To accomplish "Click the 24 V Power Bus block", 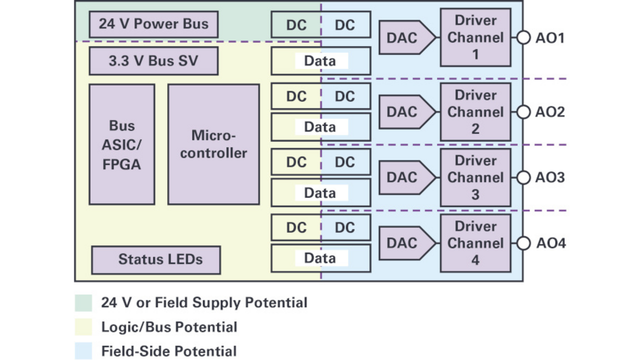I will coord(153,24).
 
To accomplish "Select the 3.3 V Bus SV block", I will coord(153,61).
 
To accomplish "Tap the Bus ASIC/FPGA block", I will coord(121,144).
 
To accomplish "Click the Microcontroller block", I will coord(213,144).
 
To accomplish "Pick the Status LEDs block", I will coord(156,259).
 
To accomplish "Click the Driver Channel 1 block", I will coord(475,37).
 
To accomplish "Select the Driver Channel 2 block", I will coord(475,112).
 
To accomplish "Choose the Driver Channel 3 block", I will coord(475,177).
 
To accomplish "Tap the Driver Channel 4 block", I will coord(475,243).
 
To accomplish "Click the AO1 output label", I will coord(550,38).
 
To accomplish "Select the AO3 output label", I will coord(550,177).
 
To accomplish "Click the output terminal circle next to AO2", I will coord(523,112).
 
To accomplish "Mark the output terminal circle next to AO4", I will coord(523,243).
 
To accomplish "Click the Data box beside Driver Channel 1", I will coord(320,61).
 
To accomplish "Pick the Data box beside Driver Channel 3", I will coord(320,192).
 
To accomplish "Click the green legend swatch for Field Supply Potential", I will coord(83,303).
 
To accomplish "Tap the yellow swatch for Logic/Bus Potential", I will coord(83,327).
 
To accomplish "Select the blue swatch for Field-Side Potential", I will coord(83,351).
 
